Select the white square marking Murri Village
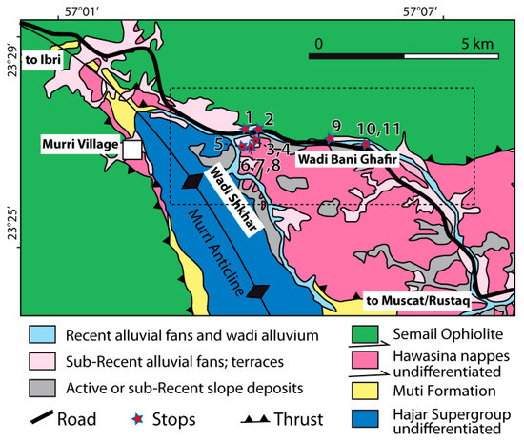click(x=131, y=149)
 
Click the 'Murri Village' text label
click(x=79, y=144)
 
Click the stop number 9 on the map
click(x=334, y=126)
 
